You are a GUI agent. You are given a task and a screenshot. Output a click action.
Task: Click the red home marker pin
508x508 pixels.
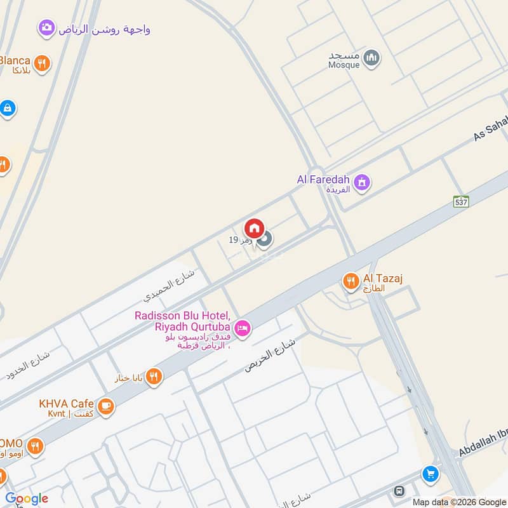254,228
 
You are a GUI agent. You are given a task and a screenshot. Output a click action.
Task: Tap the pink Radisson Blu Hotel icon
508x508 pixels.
242,328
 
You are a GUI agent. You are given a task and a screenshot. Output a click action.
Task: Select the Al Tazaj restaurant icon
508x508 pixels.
351,281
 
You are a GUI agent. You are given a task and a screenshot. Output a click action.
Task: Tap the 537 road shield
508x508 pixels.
462,201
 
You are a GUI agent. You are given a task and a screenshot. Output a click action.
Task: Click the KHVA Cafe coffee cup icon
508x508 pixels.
106,405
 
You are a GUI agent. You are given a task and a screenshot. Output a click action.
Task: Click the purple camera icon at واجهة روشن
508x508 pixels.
46,27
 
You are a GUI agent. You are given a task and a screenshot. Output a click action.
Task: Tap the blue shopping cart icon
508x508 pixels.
431,474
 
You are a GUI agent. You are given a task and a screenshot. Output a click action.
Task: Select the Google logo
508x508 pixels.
27,498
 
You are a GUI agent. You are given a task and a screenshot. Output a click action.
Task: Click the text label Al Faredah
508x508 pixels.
323,180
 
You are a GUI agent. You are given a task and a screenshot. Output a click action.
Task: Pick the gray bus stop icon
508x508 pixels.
399,491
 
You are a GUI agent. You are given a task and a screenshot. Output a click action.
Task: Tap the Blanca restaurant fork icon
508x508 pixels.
42,62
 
